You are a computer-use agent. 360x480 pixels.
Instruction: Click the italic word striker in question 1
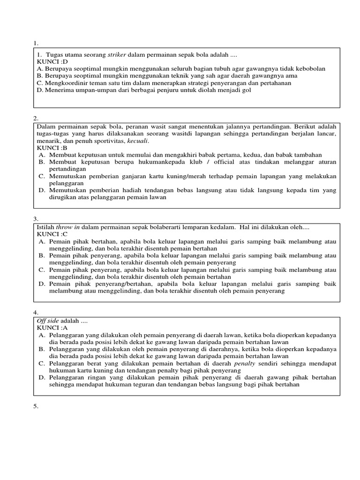click(x=113, y=54)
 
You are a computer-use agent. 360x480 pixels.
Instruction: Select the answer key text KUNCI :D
click(x=52, y=61)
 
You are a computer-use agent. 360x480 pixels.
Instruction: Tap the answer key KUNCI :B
click(x=52, y=148)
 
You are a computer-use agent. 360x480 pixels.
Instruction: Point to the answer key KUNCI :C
click(x=52, y=234)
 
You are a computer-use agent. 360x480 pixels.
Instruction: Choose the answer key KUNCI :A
click(x=52, y=328)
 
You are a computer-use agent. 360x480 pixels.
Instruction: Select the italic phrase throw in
click(x=67, y=227)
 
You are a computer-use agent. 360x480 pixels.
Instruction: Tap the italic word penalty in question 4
click(x=245, y=363)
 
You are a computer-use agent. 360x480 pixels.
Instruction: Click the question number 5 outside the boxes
click(x=35, y=406)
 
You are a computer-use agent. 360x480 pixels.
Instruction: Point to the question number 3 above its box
click(x=35, y=219)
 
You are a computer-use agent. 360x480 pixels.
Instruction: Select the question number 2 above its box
click(x=35, y=118)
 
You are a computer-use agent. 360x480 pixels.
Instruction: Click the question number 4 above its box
click(x=35, y=312)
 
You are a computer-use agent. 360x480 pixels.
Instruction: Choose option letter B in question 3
click(x=41, y=255)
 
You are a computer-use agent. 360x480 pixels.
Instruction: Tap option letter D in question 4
click(x=41, y=377)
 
